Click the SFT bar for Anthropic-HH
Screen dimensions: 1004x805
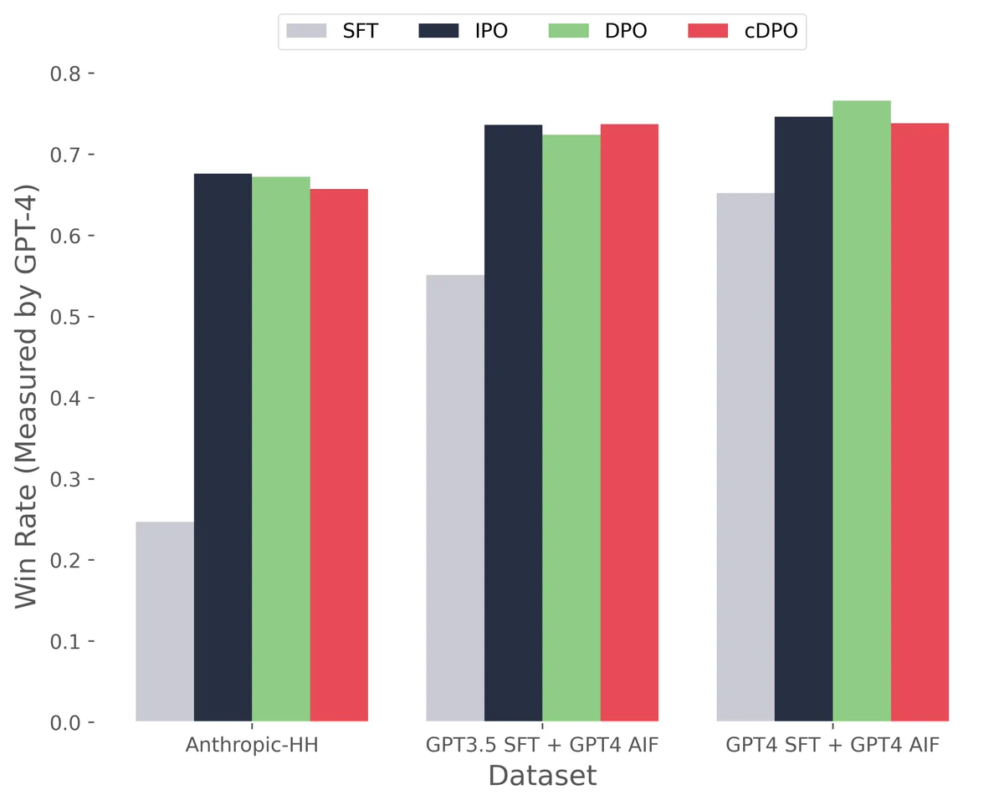pyautogui.click(x=165, y=621)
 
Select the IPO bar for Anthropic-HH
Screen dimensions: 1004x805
pyautogui.click(x=223, y=447)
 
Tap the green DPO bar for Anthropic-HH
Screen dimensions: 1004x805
pyautogui.click(x=281, y=449)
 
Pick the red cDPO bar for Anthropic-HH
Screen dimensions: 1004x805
pyautogui.click(x=339, y=455)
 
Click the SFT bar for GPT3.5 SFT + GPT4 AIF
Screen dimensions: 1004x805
pyautogui.click(x=455, y=498)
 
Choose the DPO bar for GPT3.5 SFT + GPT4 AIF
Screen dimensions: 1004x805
pyautogui.click(x=571, y=428)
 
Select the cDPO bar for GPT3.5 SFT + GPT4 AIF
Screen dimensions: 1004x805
pyautogui.click(x=629, y=423)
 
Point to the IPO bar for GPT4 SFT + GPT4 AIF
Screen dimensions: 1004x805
pyautogui.click(x=803, y=419)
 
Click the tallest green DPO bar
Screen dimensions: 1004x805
pyautogui.click(x=862, y=410)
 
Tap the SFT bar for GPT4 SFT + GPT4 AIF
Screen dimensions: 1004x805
pyautogui.click(x=745, y=456)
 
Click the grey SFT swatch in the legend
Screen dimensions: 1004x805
pyautogui.click(x=306, y=31)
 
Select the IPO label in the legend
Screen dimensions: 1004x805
pyautogui.click(x=491, y=31)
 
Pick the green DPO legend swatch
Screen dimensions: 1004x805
pyautogui.click(x=568, y=31)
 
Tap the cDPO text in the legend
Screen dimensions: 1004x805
pyautogui.click(x=771, y=31)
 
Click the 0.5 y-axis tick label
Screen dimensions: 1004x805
pyautogui.click(x=65, y=317)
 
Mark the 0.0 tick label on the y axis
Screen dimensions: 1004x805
pyautogui.click(x=65, y=722)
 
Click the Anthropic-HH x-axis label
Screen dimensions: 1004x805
pyautogui.click(x=252, y=745)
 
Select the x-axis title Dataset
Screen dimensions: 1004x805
pyautogui.click(x=542, y=776)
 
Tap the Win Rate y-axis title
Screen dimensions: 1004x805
pyautogui.click(x=26, y=396)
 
